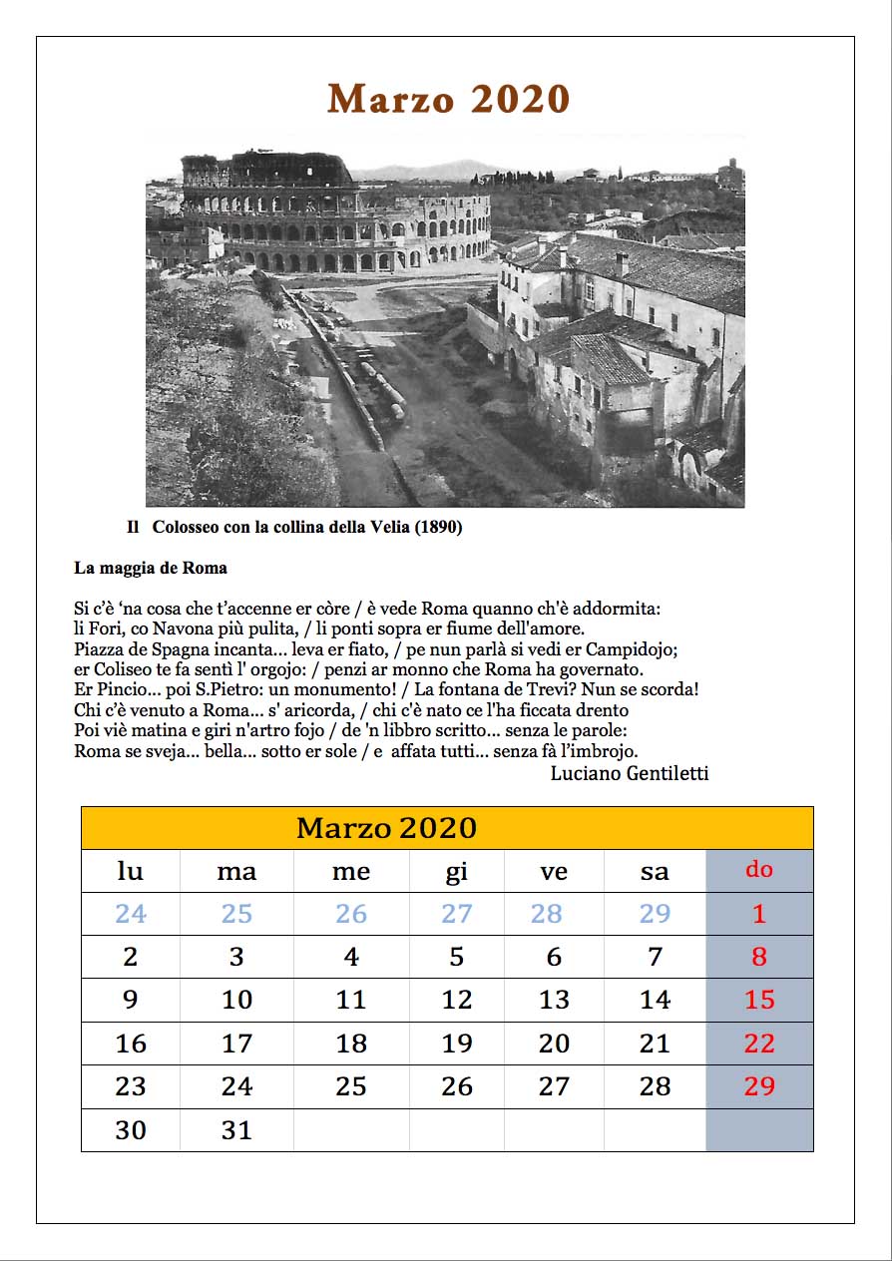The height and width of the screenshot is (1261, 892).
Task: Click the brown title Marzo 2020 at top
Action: [x=448, y=100]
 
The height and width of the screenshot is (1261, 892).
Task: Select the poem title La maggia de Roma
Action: [x=151, y=568]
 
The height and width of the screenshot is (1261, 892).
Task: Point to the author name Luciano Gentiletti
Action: [x=629, y=773]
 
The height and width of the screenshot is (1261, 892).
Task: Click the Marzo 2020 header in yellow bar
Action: [x=386, y=828]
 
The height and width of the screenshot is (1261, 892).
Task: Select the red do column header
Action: [x=759, y=870]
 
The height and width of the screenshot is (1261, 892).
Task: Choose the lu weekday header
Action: [x=131, y=871]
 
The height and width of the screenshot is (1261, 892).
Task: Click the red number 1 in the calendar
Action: [x=759, y=914]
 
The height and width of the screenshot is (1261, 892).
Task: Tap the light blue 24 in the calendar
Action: [x=131, y=914]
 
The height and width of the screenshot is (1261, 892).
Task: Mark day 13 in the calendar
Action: [x=554, y=1000]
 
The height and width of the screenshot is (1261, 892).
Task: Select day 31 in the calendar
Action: [x=236, y=1130]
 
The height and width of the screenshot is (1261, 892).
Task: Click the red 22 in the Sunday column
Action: [x=759, y=1044]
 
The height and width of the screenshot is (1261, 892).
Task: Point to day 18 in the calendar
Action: [x=351, y=1044]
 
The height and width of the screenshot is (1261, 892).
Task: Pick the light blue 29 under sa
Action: [x=655, y=914]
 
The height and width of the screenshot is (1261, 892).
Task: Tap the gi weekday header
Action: [x=456, y=871]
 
